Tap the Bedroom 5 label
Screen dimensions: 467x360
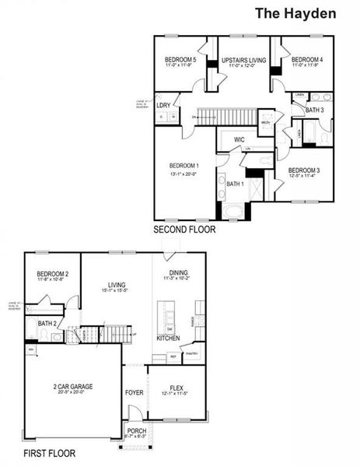pyautogui.click(x=180, y=60)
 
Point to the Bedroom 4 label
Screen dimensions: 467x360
pyautogui.click(x=306, y=60)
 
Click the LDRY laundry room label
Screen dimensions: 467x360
pyautogui.click(x=163, y=105)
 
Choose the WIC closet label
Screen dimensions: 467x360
pyautogui.click(x=239, y=140)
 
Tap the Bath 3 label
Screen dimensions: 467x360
pyautogui.click(x=314, y=111)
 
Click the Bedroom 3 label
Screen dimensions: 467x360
pyautogui.click(x=303, y=170)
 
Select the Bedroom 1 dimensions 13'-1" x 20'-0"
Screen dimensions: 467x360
pyautogui.click(x=185, y=174)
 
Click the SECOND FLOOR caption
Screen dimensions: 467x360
pyautogui.click(x=184, y=230)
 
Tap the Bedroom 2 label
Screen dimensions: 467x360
pyautogui.click(x=53, y=274)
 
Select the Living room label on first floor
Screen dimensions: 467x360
pyautogui.click(x=117, y=284)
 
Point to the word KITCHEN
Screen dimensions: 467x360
pyautogui.click(x=168, y=339)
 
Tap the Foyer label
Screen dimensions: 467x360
pyautogui.click(x=135, y=392)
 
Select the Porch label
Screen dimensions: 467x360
pyautogui.click(x=137, y=431)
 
